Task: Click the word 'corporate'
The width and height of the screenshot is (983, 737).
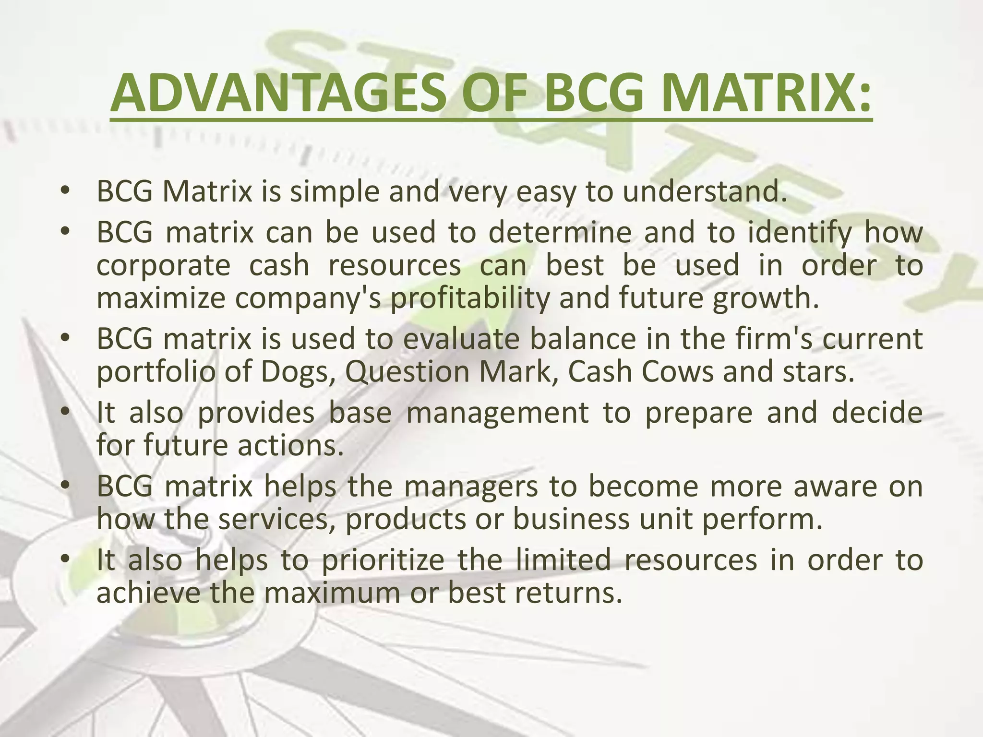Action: [x=164, y=267]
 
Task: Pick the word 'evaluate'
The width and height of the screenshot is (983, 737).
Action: [x=461, y=339]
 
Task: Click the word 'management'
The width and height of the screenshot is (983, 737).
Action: [x=497, y=414]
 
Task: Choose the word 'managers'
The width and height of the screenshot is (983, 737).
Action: [x=471, y=487]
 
